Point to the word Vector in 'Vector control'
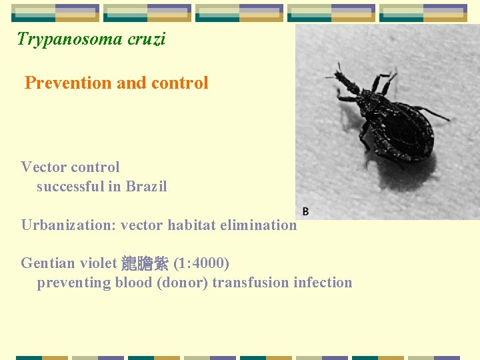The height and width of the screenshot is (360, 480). [44, 167]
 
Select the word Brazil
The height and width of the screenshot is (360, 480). [146, 187]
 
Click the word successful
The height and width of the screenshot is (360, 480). [72, 187]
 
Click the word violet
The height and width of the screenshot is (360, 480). [97, 263]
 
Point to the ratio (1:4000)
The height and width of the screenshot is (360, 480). [201, 263]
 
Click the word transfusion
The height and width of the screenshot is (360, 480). [254, 283]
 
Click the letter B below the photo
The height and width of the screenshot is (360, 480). [305, 211]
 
